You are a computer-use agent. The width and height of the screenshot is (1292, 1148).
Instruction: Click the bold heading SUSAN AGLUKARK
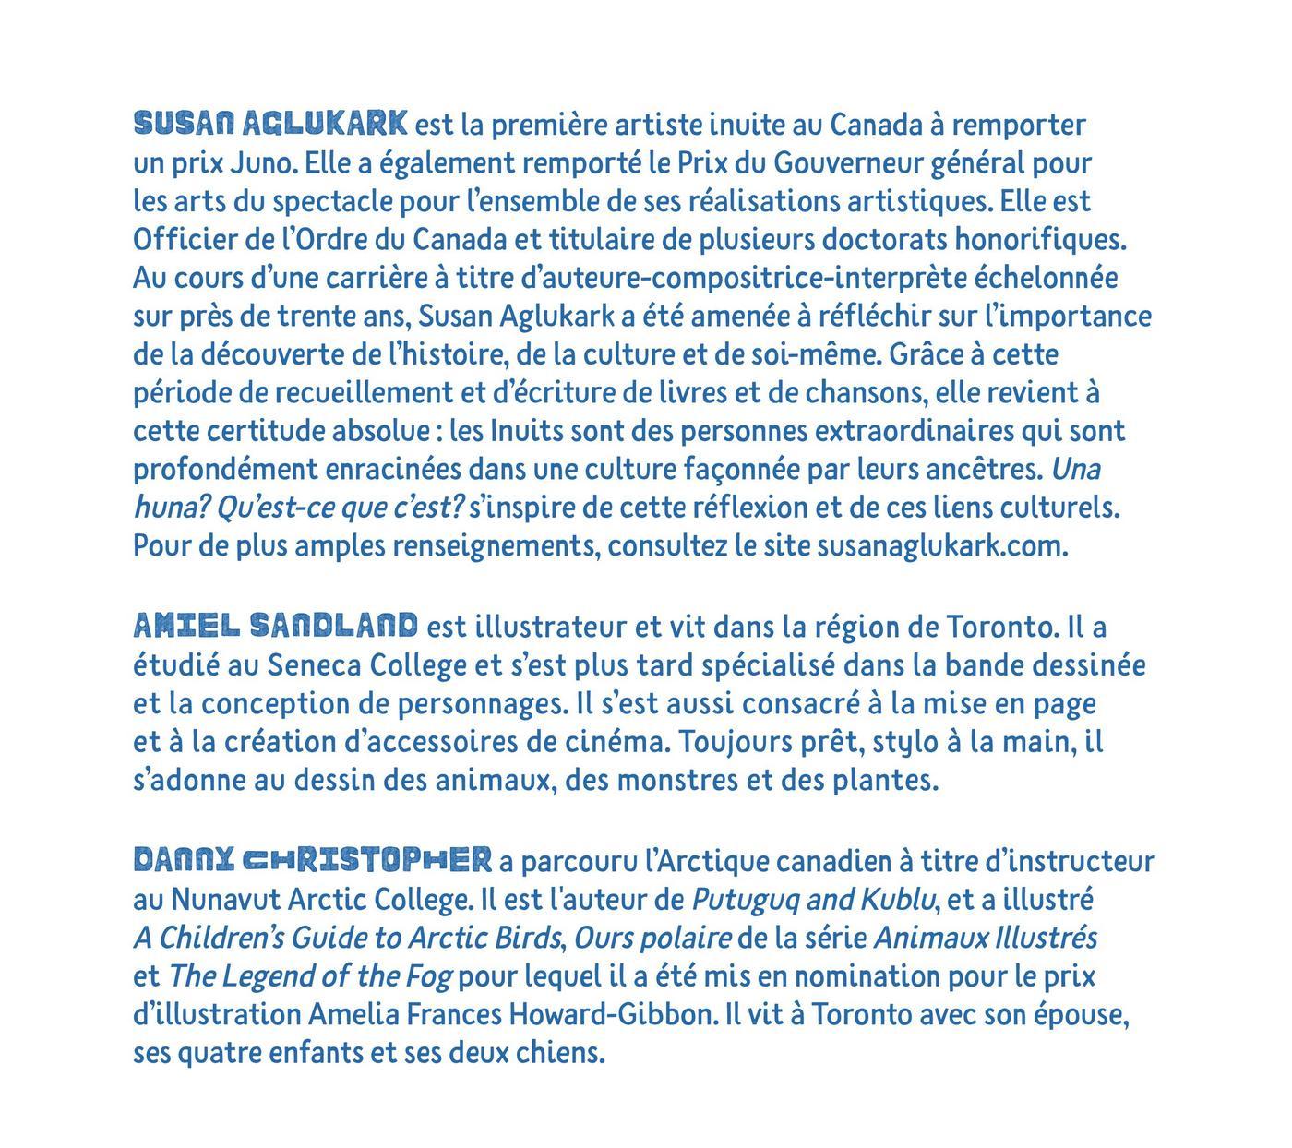(270, 123)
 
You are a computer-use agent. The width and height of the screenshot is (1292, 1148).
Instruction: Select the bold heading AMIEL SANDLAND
(275, 626)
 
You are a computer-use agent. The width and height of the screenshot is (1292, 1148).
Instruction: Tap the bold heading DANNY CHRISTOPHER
(312, 860)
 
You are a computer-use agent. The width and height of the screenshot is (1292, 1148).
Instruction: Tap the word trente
(312, 317)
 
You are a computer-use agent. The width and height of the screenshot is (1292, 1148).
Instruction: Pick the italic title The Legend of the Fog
(309, 976)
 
